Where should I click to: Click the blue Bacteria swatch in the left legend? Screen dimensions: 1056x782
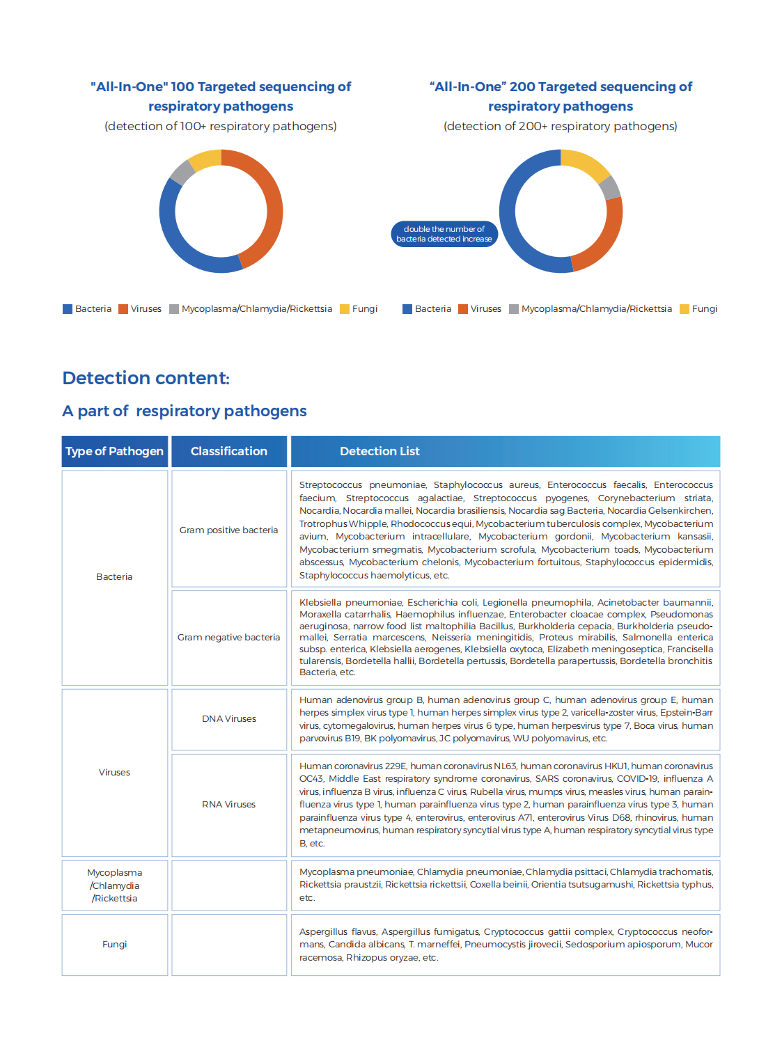tap(68, 309)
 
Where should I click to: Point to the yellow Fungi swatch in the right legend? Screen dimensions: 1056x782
tap(685, 309)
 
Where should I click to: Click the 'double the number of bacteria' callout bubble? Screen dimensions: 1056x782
tap(444, 234)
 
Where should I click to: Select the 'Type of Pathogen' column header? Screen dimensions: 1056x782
tap(114, 451)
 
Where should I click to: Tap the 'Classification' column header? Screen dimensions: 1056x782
tap(229, 451)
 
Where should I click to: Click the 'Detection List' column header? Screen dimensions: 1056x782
tap(380, 451)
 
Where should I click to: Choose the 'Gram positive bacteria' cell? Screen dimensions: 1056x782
tap(228, 530)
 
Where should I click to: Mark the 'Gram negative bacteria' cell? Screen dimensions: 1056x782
tap(228, 637)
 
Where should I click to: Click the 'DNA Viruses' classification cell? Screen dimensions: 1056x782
tap(228, 718)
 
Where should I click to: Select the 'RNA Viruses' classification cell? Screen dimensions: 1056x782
tap(228, 804)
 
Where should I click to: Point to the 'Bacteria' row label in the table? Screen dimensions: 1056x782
tap(114, 576)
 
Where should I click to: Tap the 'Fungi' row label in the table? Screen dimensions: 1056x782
tap(114, 944)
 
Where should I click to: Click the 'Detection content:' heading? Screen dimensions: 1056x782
tap(146, 378)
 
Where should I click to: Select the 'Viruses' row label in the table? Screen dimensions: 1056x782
tap(114, 772)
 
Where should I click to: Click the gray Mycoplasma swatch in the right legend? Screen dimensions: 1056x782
tap(514, 309)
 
